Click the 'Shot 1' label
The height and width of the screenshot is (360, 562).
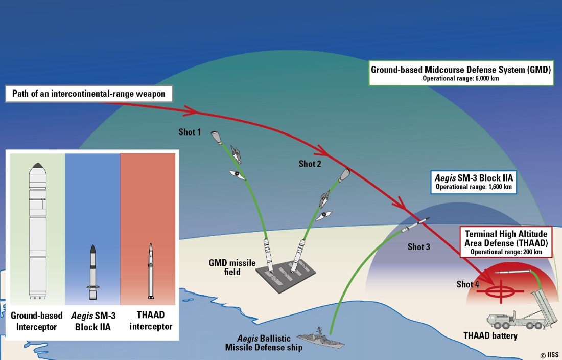[x=189, y=132]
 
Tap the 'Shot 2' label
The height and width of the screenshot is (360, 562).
[x=310, y=164]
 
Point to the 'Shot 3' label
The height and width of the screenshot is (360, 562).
[x=418, y=247]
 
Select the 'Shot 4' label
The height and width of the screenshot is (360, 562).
[x=467, y=284]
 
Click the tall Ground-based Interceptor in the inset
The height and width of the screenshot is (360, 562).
[x=37, y=230]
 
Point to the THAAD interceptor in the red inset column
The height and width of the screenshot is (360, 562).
[x=151, y=271]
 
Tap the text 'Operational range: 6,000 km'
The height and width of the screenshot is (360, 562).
[x=461, y=79]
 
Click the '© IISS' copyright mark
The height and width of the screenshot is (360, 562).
[x=549, y=354]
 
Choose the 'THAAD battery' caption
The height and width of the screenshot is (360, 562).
[x=490, y=336]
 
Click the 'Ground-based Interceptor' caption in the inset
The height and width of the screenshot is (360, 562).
[x=37, y=321]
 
